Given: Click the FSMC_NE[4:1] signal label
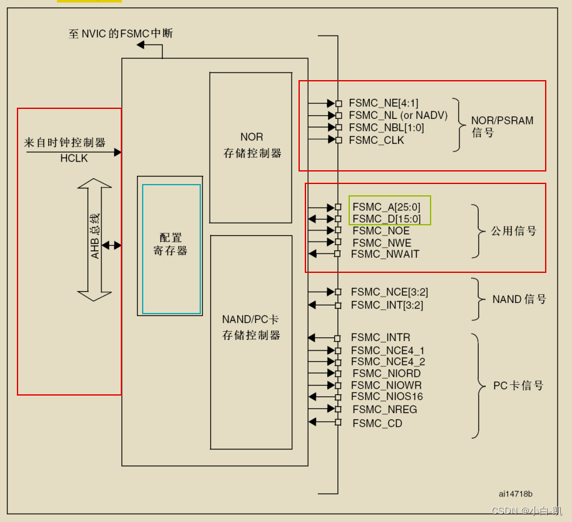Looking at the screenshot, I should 383,103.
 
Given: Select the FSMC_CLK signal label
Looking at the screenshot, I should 376,140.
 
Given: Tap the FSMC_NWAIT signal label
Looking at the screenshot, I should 385,254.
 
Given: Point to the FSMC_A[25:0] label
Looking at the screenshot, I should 386,207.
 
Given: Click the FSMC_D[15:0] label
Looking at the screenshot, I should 386,219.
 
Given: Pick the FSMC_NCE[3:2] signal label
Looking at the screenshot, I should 389,292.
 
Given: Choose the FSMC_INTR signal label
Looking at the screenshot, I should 380,338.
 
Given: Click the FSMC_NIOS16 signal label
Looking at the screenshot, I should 387,397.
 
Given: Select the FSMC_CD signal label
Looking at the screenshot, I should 377,424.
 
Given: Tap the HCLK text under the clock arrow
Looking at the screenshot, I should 74,159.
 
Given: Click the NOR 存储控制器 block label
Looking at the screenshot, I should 252,145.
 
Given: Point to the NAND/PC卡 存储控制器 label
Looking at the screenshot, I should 251,327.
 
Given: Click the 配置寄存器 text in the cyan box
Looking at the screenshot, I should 170,245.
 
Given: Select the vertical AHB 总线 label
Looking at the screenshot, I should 94,236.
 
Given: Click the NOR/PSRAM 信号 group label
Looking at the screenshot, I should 502,126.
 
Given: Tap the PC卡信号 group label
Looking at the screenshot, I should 518,386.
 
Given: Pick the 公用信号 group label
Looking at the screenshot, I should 514,231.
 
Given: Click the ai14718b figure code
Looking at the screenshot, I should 516,494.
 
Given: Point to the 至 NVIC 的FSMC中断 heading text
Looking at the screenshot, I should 120,33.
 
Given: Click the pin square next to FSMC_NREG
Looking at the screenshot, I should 338,409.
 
